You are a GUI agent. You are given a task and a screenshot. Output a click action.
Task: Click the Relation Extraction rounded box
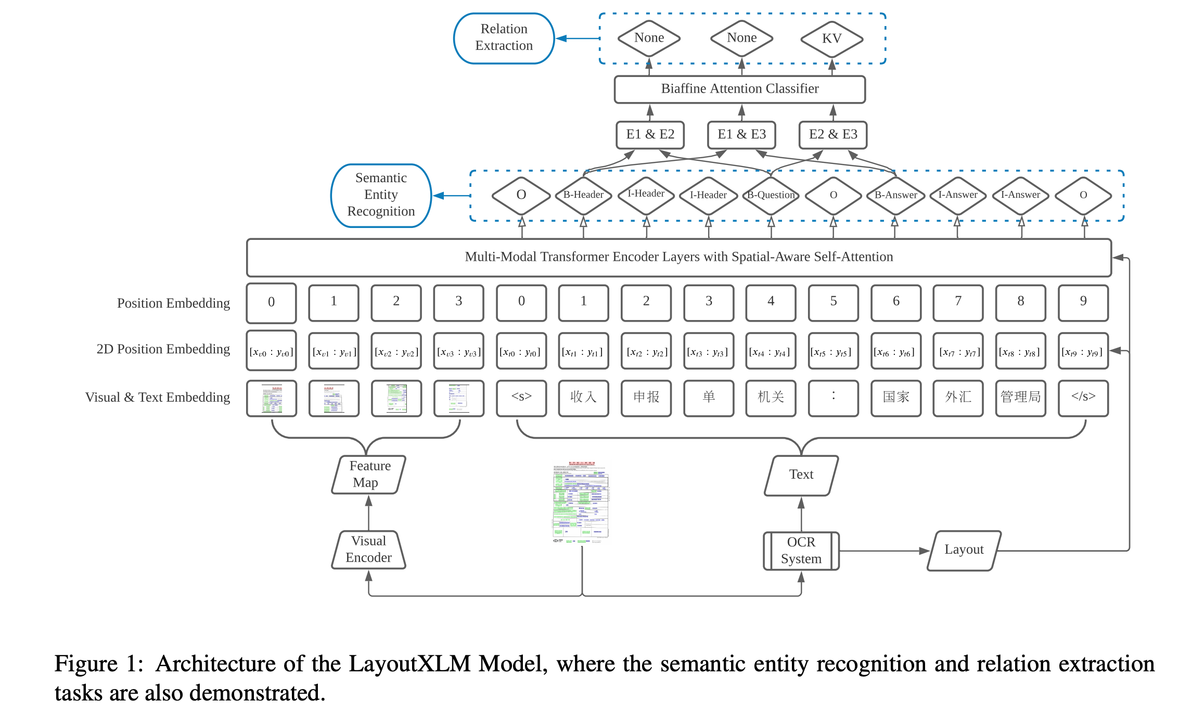504,38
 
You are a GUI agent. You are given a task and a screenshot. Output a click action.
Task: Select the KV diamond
831,39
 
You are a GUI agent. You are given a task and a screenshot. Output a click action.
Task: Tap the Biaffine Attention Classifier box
739,89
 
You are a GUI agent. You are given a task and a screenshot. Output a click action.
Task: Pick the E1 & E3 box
741,135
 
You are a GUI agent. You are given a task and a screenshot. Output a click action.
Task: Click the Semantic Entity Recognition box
381,195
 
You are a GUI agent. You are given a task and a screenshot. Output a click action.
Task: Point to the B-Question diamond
771,195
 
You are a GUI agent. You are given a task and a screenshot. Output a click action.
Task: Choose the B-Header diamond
583,195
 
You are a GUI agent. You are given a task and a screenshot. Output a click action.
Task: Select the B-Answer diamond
895,195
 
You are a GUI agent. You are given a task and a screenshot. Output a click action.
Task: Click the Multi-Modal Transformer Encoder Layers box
678,257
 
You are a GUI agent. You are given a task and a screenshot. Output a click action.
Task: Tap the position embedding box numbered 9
1083,302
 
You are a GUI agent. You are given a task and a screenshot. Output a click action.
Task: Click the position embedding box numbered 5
833,302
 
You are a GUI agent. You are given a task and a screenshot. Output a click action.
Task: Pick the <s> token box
521,398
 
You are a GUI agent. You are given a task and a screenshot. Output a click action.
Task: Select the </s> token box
1083,398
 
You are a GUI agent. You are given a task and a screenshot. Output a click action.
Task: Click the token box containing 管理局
1020,398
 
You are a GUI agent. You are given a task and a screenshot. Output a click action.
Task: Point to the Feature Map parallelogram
369,474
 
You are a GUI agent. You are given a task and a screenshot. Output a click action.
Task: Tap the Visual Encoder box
369,550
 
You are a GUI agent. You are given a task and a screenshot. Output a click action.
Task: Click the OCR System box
801,551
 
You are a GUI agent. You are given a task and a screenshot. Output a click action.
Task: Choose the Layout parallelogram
964,550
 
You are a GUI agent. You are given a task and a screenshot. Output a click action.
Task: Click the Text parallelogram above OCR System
801,475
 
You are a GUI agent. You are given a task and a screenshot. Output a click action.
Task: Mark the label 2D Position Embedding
163,349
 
